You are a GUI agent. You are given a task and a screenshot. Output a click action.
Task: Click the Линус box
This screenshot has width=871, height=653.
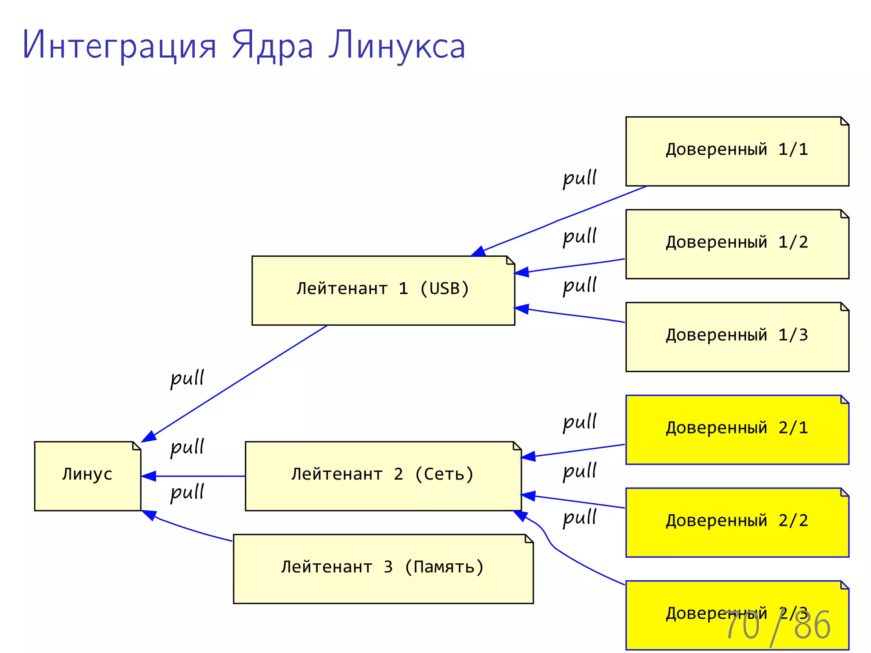point(87,476)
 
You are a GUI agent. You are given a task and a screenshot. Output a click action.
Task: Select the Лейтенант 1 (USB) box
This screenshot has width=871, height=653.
point(383,290)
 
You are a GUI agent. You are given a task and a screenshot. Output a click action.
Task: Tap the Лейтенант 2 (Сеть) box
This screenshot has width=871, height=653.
point(383,476)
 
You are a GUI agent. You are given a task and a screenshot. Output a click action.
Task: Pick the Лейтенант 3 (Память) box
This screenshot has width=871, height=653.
point(383,568)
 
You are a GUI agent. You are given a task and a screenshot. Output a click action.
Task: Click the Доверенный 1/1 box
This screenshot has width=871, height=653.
point(737,151)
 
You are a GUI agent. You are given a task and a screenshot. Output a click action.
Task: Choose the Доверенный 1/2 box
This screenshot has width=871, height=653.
point(737,244)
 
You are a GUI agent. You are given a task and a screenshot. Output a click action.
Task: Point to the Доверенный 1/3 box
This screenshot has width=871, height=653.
point(737,337)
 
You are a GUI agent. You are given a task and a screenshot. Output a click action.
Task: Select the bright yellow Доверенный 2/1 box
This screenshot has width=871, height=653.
point(737,429)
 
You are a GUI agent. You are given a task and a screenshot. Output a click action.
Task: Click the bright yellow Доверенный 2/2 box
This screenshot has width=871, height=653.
point(737,522)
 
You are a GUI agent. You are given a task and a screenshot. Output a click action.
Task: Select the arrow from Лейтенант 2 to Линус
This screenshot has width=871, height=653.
point(196,476)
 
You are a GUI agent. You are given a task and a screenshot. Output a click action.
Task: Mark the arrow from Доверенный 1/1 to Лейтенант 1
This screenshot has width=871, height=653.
point(561,219)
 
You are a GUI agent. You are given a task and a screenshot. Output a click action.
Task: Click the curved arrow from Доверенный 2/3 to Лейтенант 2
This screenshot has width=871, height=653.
point(553,546)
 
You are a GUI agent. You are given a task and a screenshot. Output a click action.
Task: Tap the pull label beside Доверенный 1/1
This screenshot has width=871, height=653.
point(580,178)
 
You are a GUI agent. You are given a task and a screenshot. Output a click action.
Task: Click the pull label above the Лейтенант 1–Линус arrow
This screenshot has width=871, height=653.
point(187,378)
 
